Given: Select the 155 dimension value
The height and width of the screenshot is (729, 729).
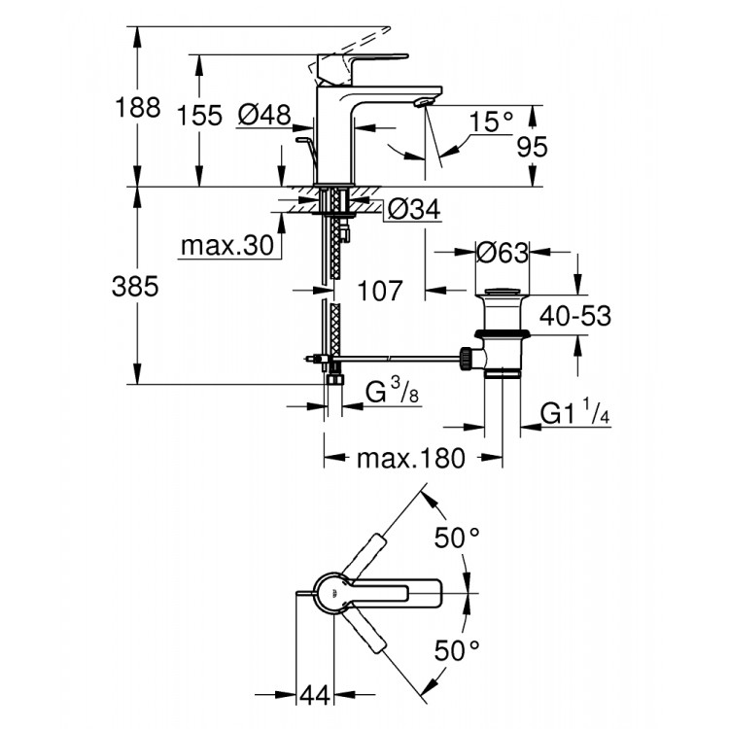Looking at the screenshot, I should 200,115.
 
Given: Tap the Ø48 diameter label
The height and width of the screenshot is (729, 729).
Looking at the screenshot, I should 263,115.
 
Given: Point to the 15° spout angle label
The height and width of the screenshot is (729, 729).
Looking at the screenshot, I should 490,122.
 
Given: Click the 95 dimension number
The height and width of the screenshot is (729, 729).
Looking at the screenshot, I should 531,146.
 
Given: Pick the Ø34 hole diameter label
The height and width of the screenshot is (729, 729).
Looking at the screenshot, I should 414,209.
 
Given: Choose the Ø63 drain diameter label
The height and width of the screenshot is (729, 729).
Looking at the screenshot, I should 502,253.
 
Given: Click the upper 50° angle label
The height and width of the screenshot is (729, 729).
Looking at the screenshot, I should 457,538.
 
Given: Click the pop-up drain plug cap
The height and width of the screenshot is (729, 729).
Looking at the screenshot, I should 502,293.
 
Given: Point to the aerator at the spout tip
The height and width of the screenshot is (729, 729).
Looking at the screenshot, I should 423,102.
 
